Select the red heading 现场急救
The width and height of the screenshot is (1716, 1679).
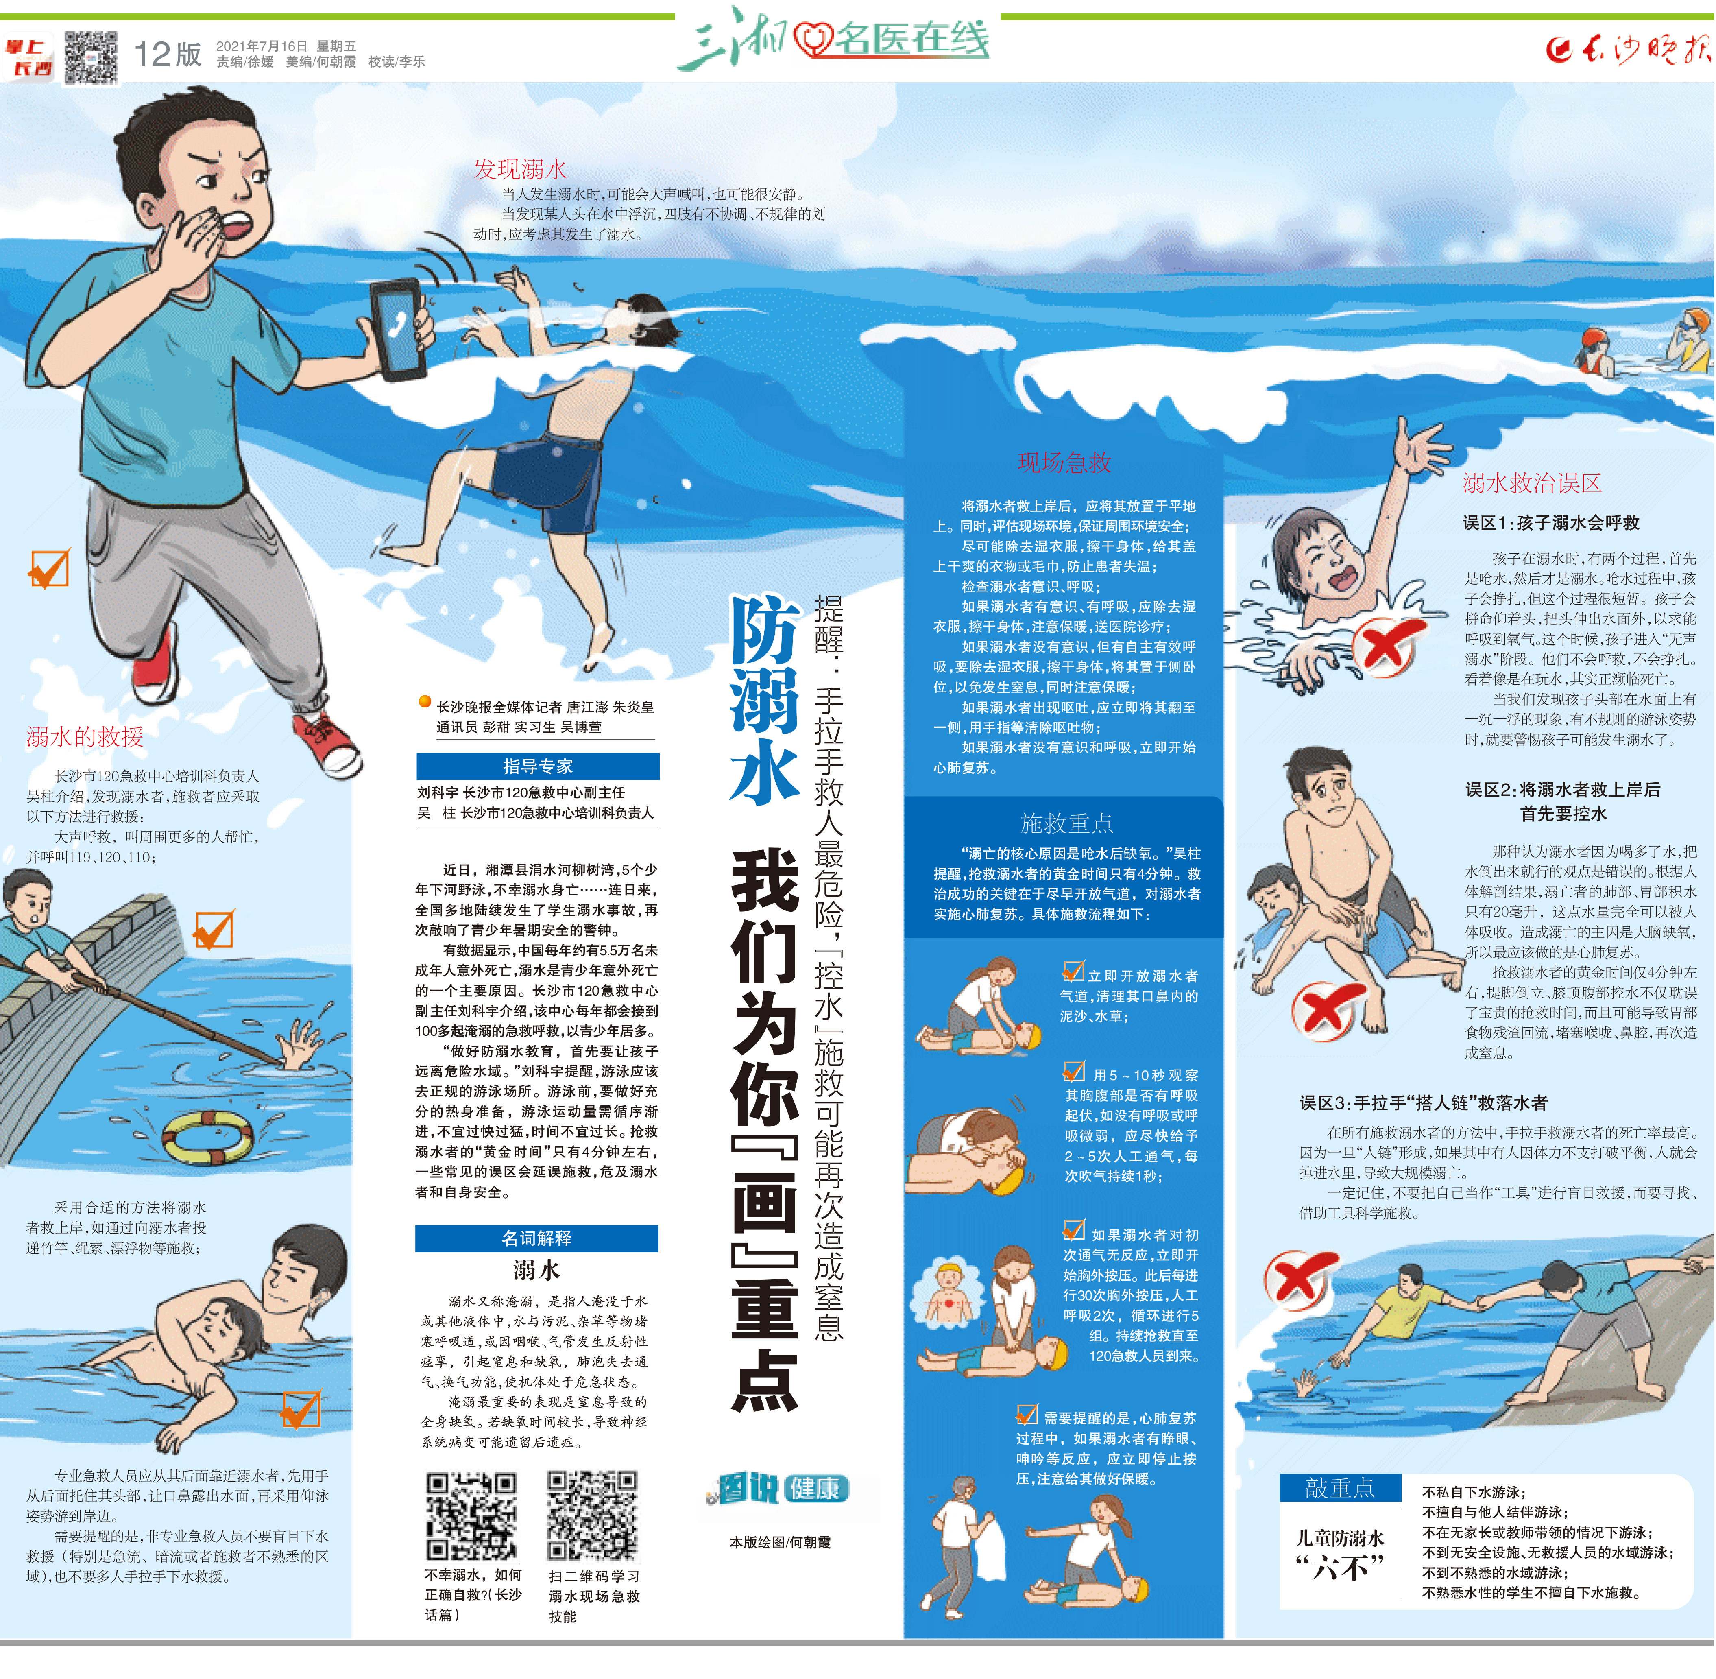coord(1064,462)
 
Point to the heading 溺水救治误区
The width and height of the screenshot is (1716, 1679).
coord(1532,483)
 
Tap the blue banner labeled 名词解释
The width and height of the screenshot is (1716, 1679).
coord(537,1238)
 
